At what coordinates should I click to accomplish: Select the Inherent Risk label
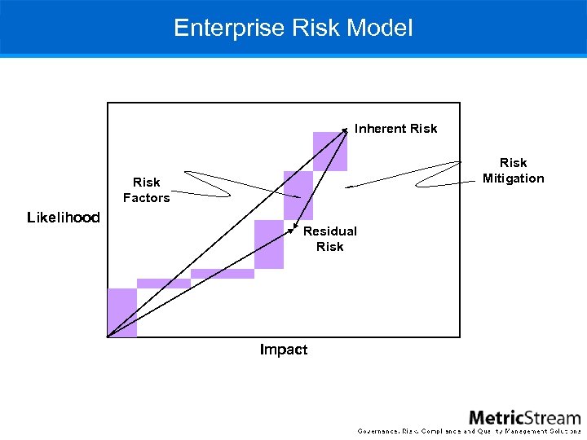coord(395,129)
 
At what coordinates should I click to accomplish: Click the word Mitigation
coord(513,178)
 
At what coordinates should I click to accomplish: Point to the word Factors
coord(146,198)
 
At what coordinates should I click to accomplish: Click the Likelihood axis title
coord(64,218)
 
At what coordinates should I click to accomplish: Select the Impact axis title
coord(283,350)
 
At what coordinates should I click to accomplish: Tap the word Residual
coord(329,231)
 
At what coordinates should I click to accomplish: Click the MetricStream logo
coord(524,417)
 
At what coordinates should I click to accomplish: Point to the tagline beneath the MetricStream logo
coord(470,430)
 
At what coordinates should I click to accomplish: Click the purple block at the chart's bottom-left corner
coord(122,312)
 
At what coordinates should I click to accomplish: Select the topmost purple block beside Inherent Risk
coord(329,152)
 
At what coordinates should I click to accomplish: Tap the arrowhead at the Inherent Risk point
coord(345,130)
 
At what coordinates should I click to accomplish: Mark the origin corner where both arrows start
coord(108,336)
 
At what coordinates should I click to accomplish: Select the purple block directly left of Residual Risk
coord(269,244)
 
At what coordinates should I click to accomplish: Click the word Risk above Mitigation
coord(513,163)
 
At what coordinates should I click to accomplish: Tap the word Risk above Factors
coord(146,183)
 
